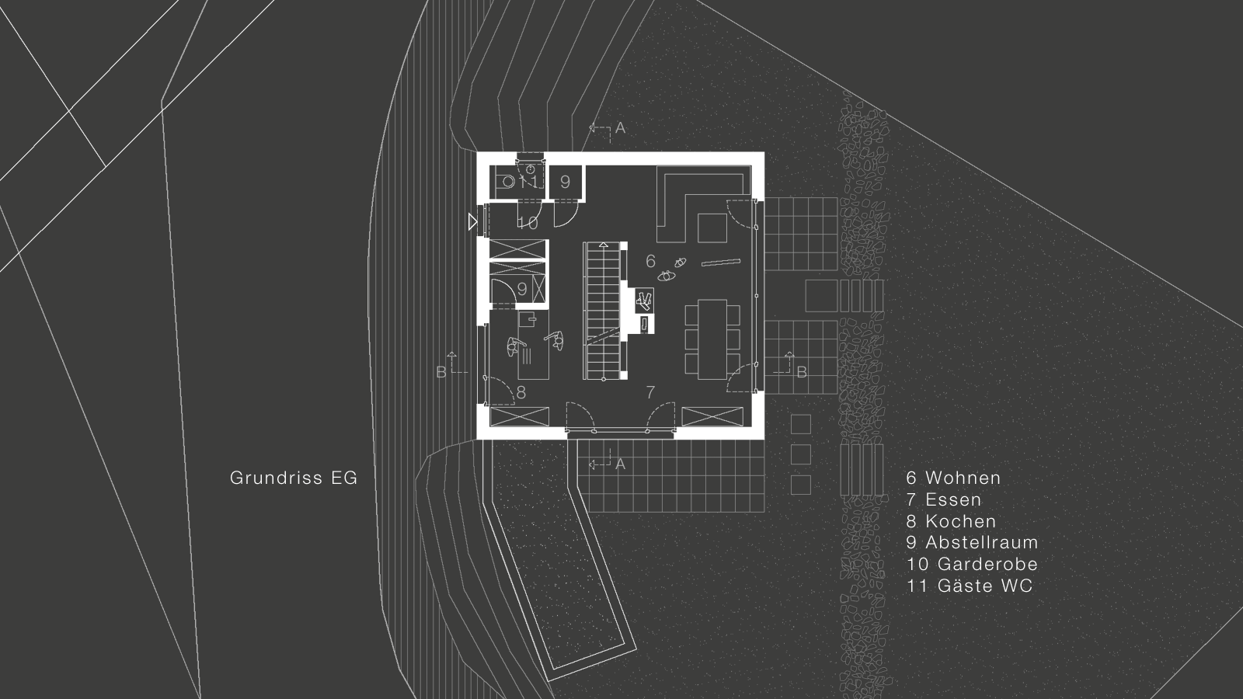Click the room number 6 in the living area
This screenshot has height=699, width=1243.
651,261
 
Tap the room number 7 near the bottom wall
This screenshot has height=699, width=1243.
651,392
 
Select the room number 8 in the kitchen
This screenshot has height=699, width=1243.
521,393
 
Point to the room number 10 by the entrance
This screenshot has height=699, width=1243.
527,224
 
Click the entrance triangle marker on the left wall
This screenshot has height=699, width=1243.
472,222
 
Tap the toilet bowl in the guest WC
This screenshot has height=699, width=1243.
509,182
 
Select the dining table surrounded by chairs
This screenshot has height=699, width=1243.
712,339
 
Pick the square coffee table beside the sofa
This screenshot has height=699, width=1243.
712,228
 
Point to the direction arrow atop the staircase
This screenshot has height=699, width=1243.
603,244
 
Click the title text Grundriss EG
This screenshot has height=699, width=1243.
294,478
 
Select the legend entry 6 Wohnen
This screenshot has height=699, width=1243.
953,478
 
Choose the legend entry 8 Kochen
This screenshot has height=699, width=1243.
951,521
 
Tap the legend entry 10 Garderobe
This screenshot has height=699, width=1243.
972,564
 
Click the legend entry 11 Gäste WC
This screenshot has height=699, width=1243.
970,586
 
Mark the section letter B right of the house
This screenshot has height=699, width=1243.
802,373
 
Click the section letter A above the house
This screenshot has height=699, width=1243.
620,128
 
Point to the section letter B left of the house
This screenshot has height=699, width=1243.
441,373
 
